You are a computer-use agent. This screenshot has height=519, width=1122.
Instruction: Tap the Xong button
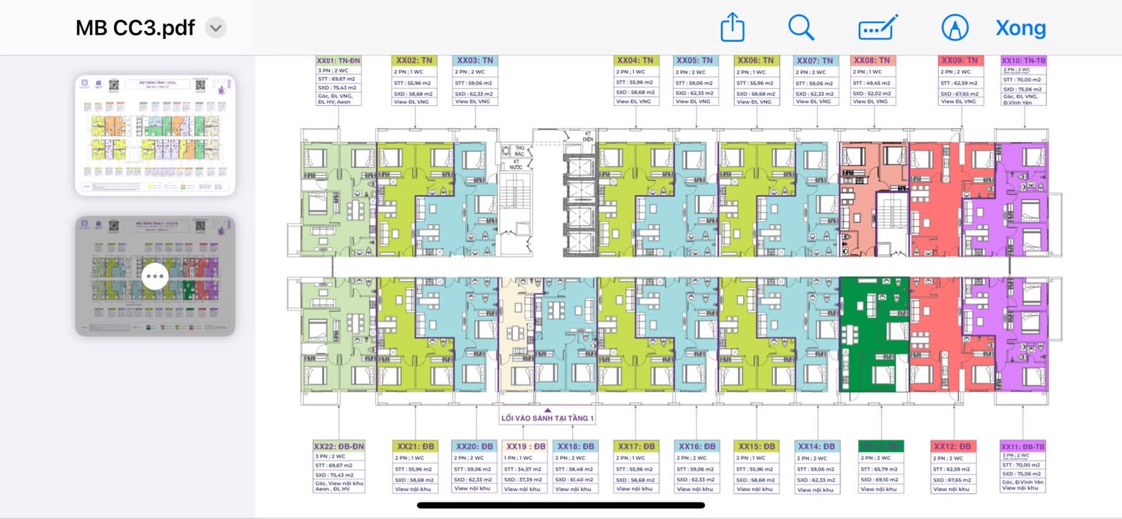click(x=1020, y=28)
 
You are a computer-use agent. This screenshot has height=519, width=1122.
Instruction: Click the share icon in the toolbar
click(x=732, y=28)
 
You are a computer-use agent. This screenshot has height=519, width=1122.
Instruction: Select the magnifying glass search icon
click(x=801, y=28)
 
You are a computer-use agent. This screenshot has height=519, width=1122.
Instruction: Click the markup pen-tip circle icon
click(x=955, y=28)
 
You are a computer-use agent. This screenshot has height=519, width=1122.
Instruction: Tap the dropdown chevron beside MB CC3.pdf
click(x=215, y=28)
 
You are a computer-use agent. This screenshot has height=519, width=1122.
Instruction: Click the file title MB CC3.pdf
click(x=135, y=28)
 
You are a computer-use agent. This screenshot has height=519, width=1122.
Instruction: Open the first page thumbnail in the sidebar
click(x=155, y=135)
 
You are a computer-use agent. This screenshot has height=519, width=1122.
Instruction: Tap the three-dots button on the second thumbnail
click(x=155, y=276)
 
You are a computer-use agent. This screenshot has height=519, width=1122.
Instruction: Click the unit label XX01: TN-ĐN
click(x=338, y=61)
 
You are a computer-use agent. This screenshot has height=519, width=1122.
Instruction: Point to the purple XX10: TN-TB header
click(x=1023, y=61)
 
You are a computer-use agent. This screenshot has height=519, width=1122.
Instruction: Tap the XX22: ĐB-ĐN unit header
click(x=339, y=446)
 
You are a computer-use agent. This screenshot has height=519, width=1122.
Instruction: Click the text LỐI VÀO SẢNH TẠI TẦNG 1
click(x=548, y=418)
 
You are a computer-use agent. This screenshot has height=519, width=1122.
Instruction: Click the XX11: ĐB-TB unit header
click(x=1023, y=446)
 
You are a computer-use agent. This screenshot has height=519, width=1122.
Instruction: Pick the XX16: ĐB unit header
click(x=696, y=446)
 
